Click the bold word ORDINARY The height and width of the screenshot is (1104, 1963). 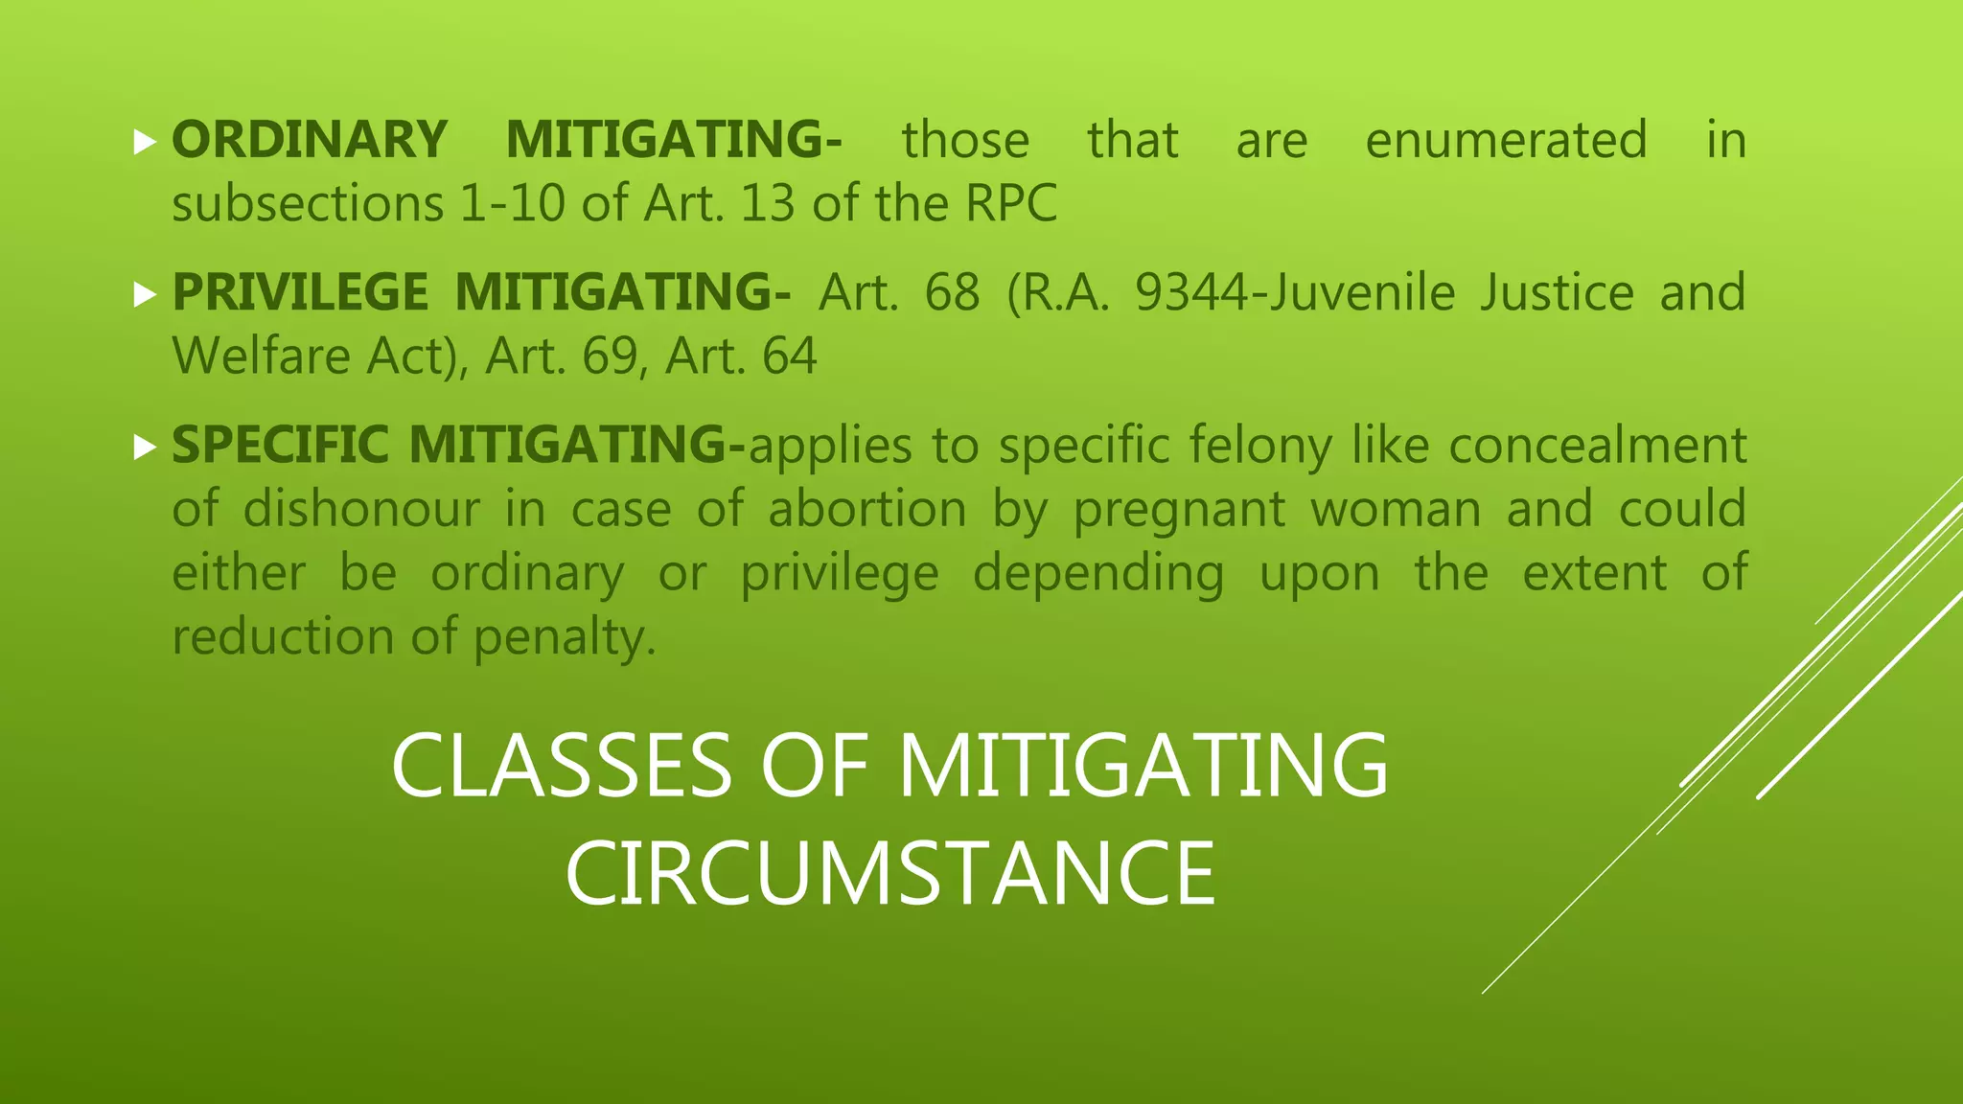click(309, 140)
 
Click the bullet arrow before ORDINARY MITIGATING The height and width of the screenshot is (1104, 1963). click(145, 143)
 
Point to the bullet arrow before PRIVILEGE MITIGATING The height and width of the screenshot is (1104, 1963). click(145, 294)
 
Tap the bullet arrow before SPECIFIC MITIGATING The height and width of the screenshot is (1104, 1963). click(145, 447)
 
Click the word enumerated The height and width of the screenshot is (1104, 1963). click(1506, 140)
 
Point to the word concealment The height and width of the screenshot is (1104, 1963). click(1597, 446)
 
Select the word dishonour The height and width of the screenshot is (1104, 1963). click(360, 509)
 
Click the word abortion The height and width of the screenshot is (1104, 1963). click(866, 509)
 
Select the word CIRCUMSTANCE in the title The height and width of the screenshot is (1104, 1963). click(890, 873)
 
